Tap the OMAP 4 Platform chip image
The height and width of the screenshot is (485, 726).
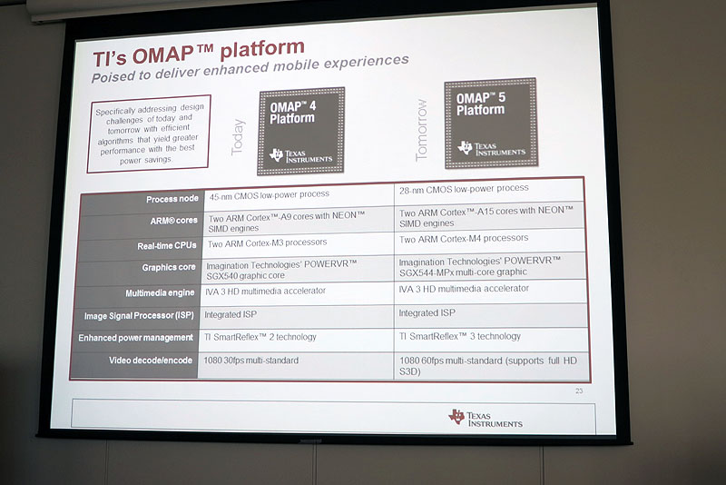click(x=300, y=131)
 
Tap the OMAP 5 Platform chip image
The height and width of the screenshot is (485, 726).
click(x=490, y=123)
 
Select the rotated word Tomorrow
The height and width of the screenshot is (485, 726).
click(x=421, y=131)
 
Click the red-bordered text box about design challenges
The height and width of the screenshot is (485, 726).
click(x=149, y=134)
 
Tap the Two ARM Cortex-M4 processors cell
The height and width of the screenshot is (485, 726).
click(x=463, y=238)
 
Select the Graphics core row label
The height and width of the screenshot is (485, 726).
click(x=168, y=268)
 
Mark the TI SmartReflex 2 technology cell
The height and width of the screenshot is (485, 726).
click(x=262, y=337)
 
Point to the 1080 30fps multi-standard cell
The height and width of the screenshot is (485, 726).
click(x=253, y=361)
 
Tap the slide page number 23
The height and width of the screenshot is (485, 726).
click(x=578, y=391)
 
